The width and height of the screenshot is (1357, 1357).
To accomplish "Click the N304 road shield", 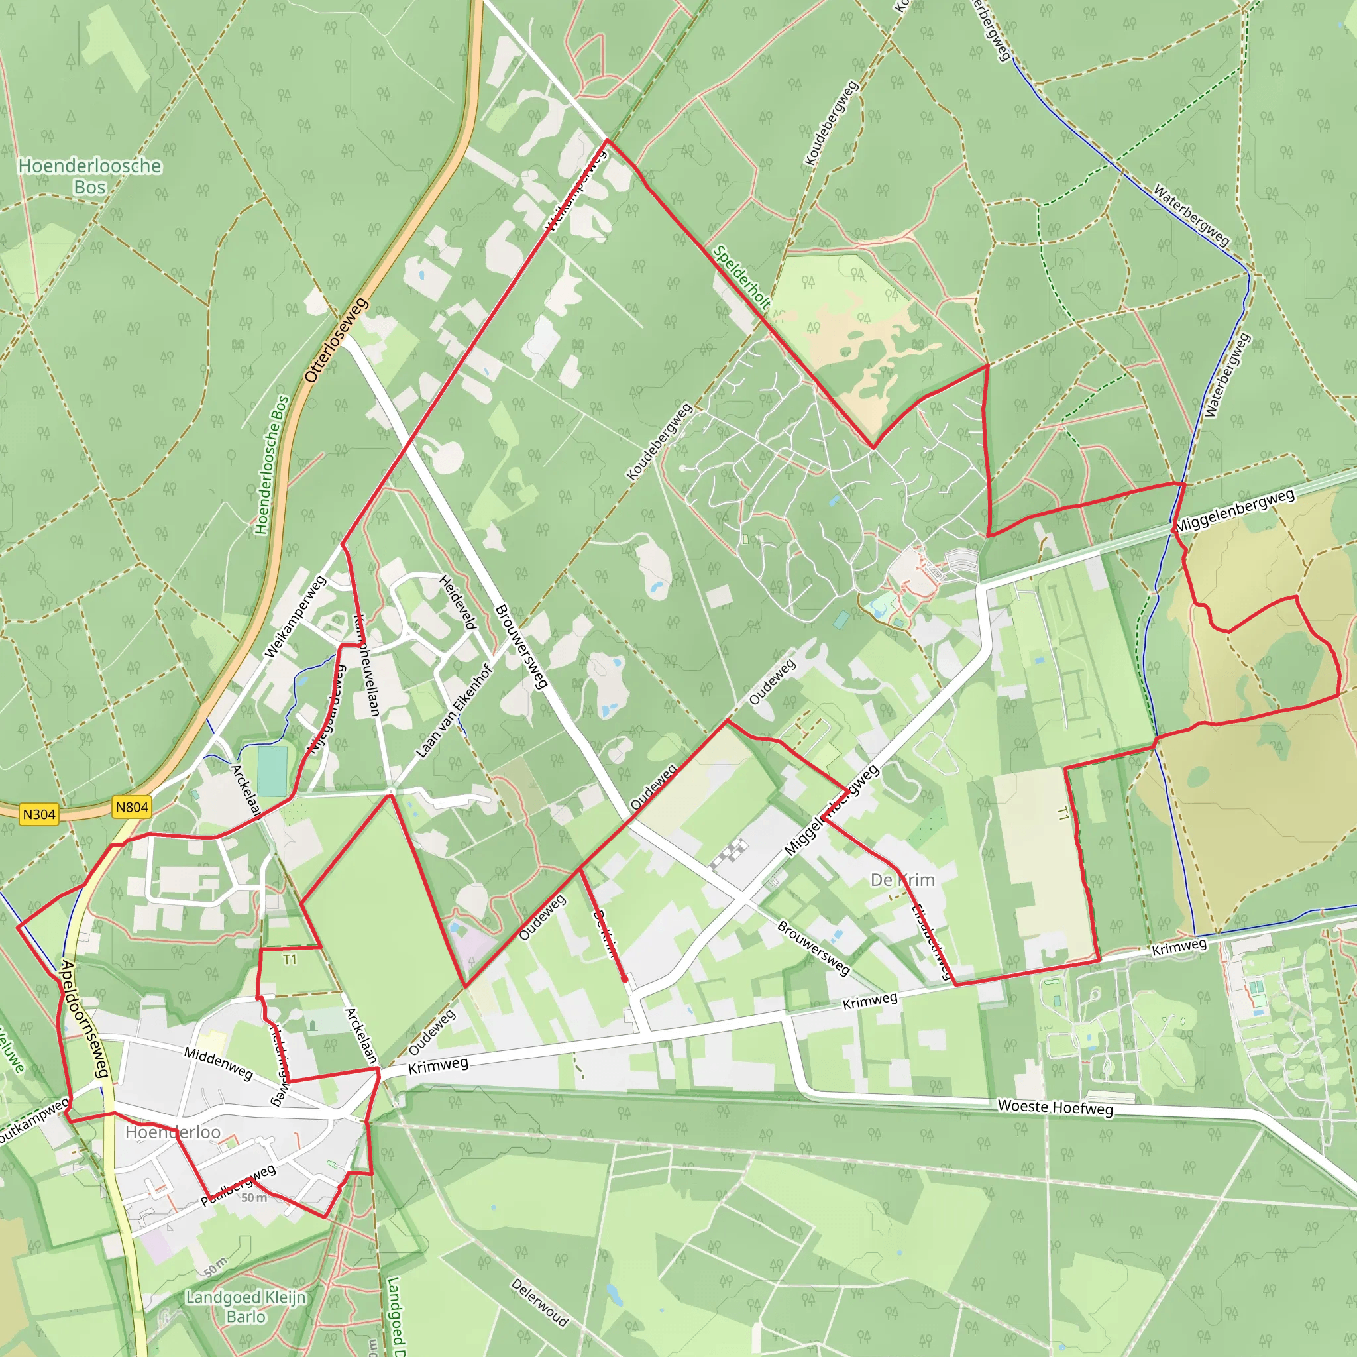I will point(38,814).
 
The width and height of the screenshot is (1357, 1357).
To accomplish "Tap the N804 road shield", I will point(132,807).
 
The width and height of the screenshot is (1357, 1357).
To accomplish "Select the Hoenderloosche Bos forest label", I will point(90,176).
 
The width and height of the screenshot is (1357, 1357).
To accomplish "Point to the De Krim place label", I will point(902,879).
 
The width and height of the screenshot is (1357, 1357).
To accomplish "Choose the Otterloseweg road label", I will point(337,340).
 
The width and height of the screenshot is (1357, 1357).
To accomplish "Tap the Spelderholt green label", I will point(741,278).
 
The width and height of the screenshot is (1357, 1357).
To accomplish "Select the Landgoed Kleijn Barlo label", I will point(246,1307).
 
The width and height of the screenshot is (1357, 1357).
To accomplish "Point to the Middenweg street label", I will point(219,1062).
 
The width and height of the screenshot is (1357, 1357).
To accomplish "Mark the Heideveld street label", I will point(459,601).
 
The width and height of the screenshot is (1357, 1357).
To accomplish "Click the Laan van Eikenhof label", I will point(453,711).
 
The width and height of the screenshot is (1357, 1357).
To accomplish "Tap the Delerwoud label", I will point(539,1301).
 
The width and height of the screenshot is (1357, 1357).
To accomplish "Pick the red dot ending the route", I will point(624,979).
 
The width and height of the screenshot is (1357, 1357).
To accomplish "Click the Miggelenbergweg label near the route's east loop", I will point(1236,511).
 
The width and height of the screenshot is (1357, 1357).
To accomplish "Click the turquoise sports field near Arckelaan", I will point(272,771).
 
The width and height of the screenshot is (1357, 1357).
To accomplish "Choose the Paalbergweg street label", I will point(239,1185).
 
